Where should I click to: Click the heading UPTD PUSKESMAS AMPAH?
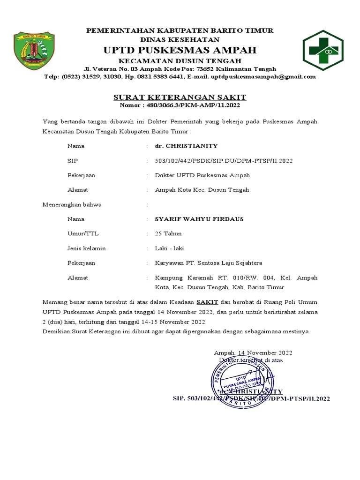coord(180,50)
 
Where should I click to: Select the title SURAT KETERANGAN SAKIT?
coord(180,97)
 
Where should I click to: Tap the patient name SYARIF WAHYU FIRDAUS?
coord(199,219)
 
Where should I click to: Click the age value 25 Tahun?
coord(168,233)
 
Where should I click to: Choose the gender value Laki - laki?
coord(170,248)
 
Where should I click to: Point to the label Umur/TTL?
coord(83,233)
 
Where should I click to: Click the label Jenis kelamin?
coord(86,248)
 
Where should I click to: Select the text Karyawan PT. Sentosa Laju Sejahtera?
coord(209,262)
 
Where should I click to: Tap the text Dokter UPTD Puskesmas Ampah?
coord(202,175)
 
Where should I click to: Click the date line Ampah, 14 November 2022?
coord(253,352)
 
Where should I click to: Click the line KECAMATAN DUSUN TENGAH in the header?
coord(180,61)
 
